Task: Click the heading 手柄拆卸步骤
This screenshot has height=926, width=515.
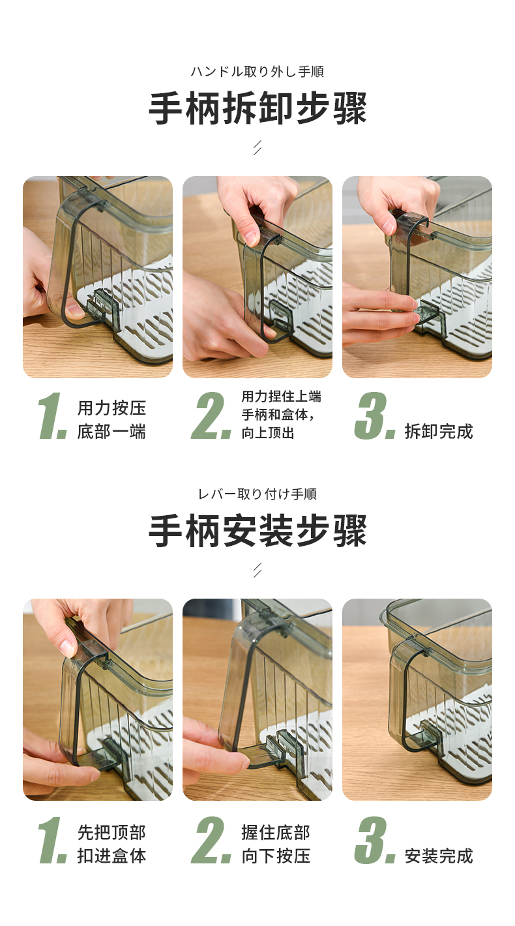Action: tap(257, 108)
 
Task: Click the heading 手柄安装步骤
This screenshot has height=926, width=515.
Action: tap(257, 531)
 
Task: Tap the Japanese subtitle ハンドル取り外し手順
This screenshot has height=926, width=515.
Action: tap(257, 72)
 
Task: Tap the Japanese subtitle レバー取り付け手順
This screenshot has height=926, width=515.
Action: tap(257, 494)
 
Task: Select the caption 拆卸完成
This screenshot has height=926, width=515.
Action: tap(439, 431)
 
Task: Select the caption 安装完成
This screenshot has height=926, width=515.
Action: tap(439, 856)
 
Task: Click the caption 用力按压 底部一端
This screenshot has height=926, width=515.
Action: tap(111, 419)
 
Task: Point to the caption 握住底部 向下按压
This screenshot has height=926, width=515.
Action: tap(276, 844)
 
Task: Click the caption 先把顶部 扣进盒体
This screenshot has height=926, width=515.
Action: tap(111, 844)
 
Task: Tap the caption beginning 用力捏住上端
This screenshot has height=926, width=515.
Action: tap(281, 415)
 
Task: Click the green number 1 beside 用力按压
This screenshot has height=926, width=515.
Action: tap(52, 416)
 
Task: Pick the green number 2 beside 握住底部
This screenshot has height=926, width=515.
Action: tap(211, 840)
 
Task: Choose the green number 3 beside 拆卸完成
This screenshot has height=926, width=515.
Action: tap(374, 416)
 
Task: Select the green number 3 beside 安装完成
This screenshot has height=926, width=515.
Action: tap(374, 840)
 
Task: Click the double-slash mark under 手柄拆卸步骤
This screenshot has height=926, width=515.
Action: tap(257, 147)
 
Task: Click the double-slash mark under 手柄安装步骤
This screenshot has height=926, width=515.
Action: tap(257, 570)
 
